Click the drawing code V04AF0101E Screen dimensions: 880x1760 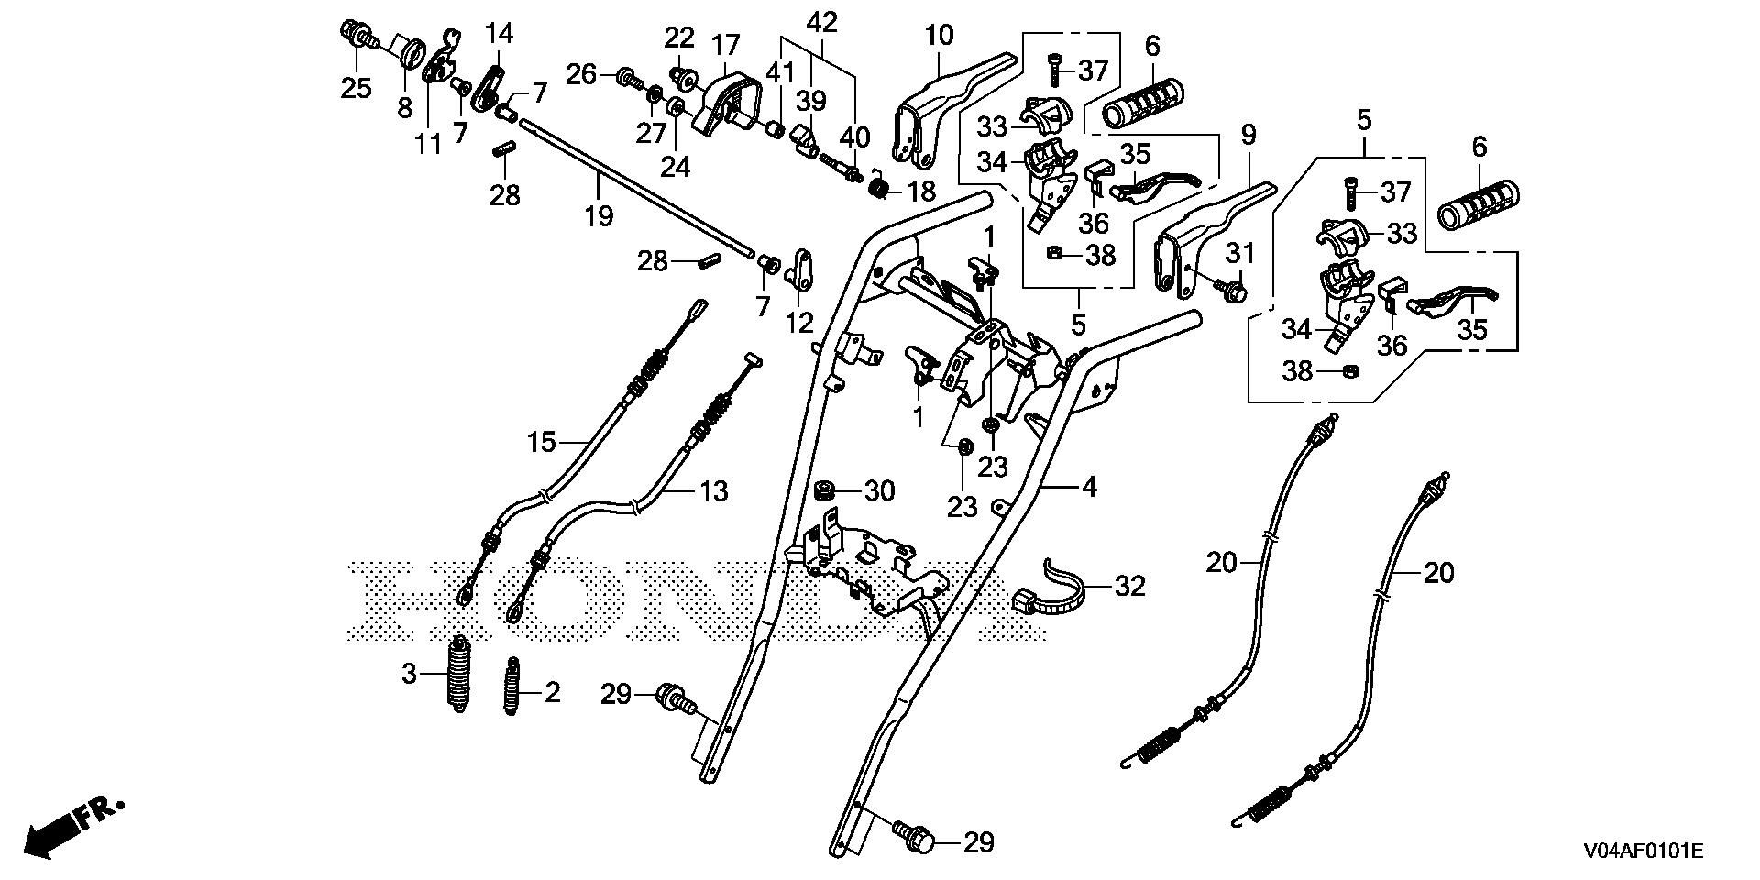pos(1641,852)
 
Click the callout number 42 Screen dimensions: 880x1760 pos(821,22)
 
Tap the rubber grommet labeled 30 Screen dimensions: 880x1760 pos(827,490)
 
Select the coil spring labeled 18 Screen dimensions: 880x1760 pos(878,191)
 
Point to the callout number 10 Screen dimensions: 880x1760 pos(940,36)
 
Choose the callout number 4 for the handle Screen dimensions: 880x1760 pos(1088,487)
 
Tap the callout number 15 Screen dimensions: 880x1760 pos(541,443)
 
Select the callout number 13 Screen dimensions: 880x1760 pos(713,491)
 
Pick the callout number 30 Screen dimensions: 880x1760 pos(878,491)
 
